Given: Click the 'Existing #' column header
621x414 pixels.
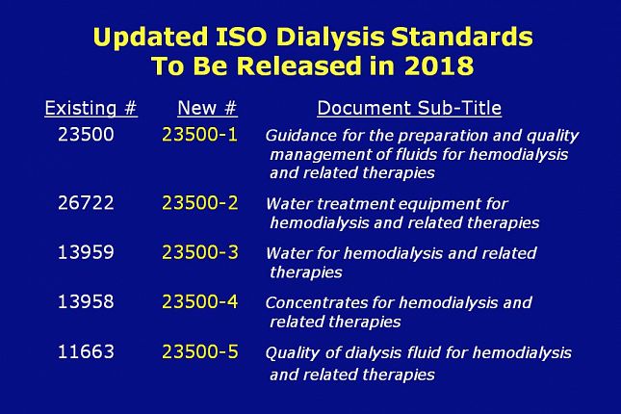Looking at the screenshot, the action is click(x=91, y=108).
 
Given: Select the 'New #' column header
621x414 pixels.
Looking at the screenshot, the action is click(x=207, y=108).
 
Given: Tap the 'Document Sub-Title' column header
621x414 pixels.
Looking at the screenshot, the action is click(x=409, y=108).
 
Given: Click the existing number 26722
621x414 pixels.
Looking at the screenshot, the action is click(x=86, y=203).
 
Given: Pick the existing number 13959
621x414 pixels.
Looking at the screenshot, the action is click(x=86, y=252).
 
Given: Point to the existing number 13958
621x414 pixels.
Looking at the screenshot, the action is click(x=86, y=301).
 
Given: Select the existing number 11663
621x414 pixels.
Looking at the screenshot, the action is click(x=86, y=351).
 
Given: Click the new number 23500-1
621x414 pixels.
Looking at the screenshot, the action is click(x=200, y=134).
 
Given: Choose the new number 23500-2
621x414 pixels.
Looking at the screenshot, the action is click(x=200, y=203).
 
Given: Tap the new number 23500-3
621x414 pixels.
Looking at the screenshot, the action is click(x=200, y=252).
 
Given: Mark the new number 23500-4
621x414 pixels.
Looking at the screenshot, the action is click(x=200, y=301).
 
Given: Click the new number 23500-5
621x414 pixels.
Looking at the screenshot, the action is click(x=200, y=351).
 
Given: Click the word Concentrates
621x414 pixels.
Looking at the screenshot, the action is click(x=317, y=302).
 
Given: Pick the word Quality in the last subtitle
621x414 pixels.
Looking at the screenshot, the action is click(x=293, y=353).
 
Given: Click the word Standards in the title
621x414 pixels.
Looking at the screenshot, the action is click(x=462, y=37).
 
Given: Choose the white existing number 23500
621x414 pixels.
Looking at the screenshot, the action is click(x=86, y=134).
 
